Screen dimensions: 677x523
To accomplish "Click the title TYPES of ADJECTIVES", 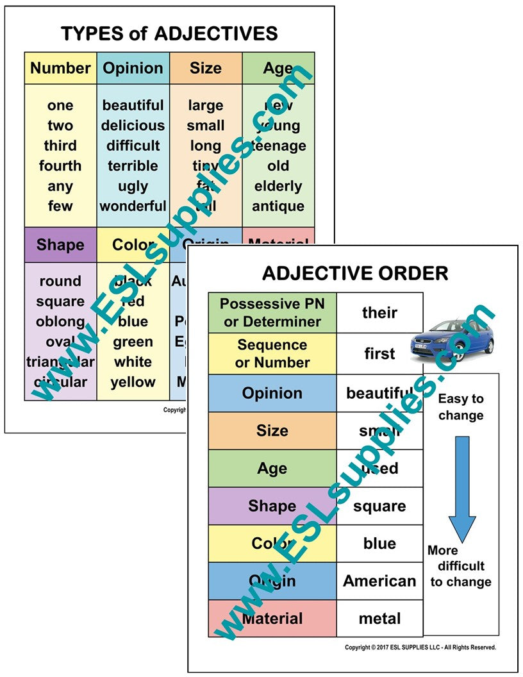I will pos(169,33).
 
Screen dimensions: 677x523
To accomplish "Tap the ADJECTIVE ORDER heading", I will pos(354,273).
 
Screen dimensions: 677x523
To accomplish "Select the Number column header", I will pos(60,68).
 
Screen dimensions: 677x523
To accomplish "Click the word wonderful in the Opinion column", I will pos(133,206).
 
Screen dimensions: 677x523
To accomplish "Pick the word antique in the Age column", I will pos(278,206).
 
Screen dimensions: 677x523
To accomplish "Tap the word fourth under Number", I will pos(60,166).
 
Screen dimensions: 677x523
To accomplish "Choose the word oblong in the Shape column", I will pos(60,322).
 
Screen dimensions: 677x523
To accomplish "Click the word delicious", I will pos(133,126).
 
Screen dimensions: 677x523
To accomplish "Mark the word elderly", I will pos(278,187).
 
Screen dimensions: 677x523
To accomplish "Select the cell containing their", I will pos(379,313).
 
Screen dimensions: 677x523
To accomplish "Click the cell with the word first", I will pos(379,354).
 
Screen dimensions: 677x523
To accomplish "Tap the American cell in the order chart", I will pos(379,581).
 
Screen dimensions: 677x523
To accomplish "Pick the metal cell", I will pos(379,619).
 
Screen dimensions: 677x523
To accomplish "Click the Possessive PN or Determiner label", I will pos(272,313).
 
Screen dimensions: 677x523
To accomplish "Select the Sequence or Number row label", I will pos(272,354).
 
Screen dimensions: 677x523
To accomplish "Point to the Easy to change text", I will pos(461,407).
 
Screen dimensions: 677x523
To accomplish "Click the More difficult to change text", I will pos(460,566).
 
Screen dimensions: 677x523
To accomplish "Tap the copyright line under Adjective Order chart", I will pos(420,648).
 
